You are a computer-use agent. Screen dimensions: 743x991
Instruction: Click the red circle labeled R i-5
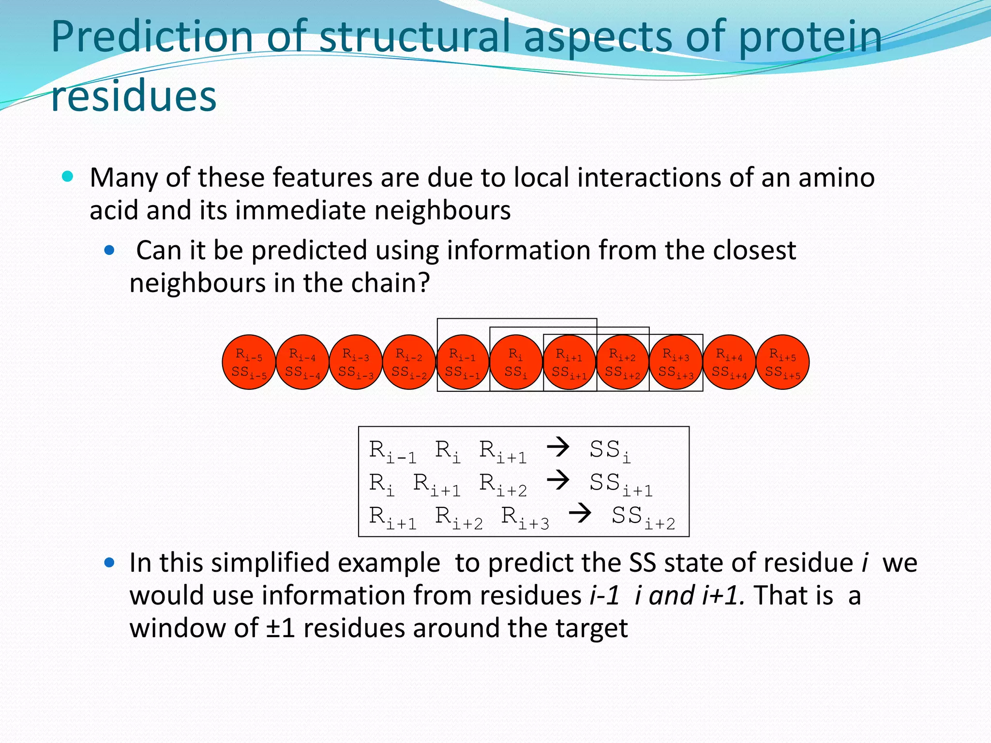pos(249,362)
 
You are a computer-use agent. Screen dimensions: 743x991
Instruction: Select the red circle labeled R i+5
pos(782,362)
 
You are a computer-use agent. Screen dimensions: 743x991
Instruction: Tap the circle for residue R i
pos(516,362)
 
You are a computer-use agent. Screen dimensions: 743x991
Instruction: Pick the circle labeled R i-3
pos(356,362)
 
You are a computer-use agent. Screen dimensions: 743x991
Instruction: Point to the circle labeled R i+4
pos(729,362)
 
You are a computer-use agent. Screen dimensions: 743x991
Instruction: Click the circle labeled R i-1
pos(462,362)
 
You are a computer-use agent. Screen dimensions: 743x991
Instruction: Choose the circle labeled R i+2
pos(622,362)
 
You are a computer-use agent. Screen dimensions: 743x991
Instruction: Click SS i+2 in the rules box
pos(643,517)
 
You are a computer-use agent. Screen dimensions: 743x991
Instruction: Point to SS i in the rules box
pos(610,451)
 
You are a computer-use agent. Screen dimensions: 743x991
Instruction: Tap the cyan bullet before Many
pos(68,177)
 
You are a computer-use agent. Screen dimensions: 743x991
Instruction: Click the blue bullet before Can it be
pos(110,250)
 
